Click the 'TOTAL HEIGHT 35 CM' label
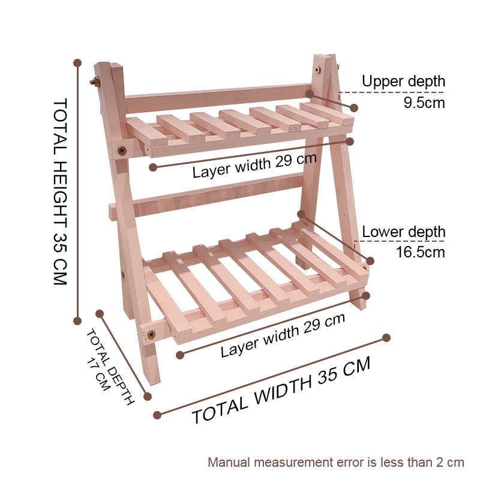60,191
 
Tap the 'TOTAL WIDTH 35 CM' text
281,391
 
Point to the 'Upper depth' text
403,81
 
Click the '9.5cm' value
424,103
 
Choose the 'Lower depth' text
403,232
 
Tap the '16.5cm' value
420,252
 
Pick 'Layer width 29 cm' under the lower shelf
283,336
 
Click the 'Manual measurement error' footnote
336,462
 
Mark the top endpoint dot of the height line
77,62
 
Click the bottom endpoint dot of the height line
77,320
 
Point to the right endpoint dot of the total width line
386,338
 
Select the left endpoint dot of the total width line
158,415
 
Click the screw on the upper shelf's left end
122,150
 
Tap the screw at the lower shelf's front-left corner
150,329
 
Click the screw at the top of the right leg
316,70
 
